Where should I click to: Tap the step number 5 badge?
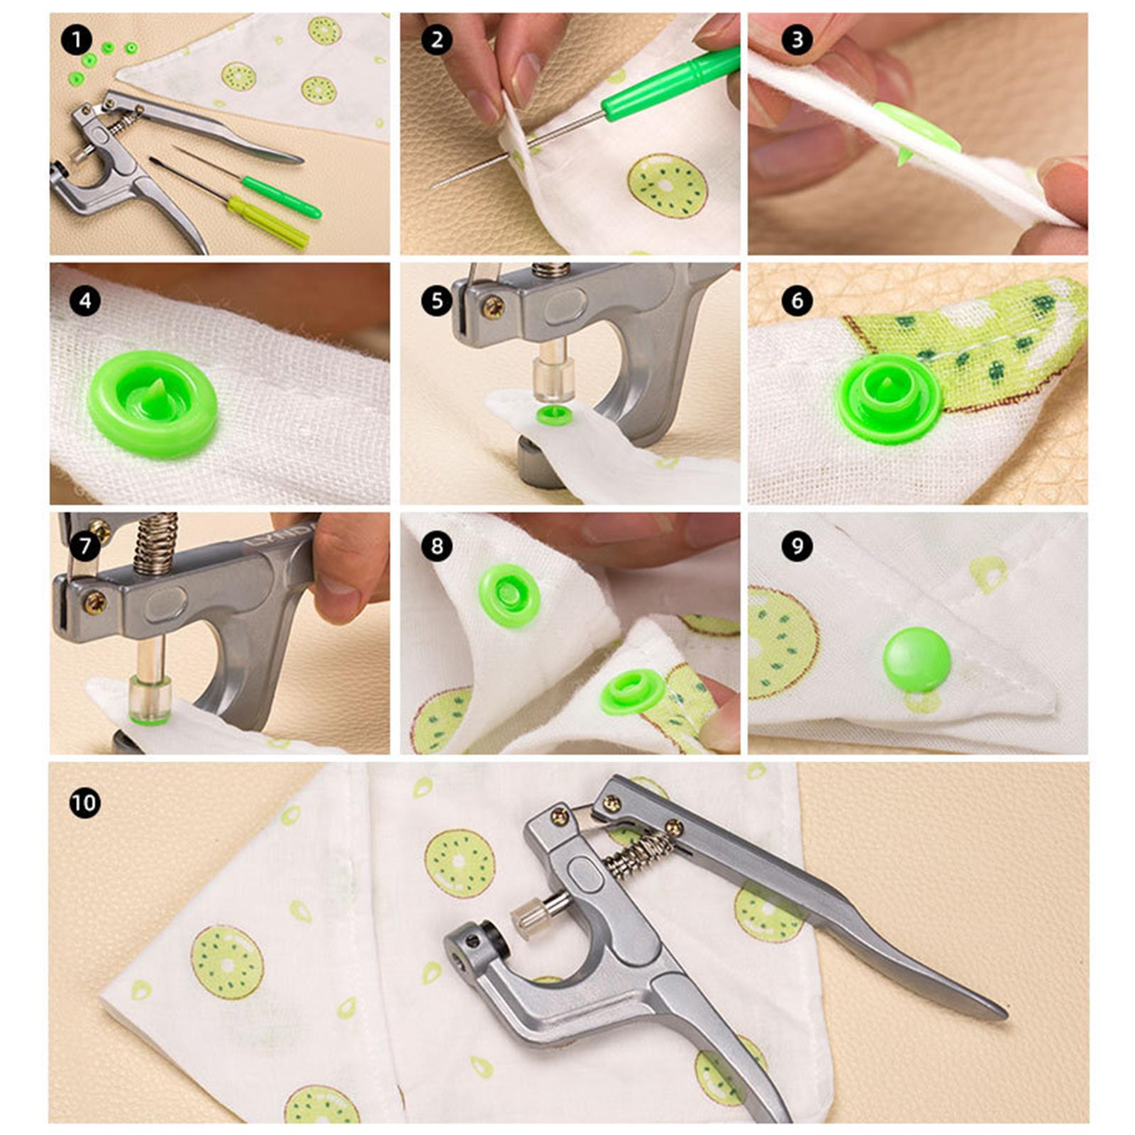[x=436, y=301]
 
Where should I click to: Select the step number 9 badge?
[x=797, y=546]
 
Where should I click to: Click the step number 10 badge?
[x=84, y=803]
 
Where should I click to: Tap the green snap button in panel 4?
[x=153, y=403]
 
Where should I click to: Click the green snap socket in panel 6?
[x=888, y=398]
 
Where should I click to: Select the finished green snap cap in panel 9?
[x=917, y=659]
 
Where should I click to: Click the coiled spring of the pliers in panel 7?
[x=155, y=543]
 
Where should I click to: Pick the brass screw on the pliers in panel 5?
[x=492, y=306]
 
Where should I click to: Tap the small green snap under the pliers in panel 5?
[x=553, y=416]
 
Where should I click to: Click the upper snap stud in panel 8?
[x=509, y=594]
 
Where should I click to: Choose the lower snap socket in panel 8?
[x=633, y=692]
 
